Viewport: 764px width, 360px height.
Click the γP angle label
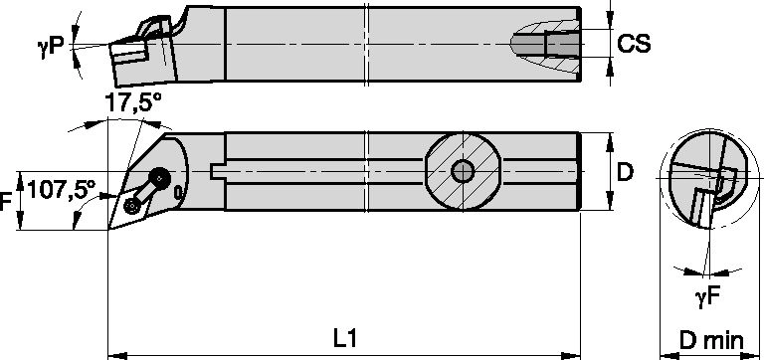(50, 47)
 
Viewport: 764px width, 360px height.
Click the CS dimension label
(634, 44)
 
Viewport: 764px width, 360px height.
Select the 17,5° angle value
(132, 103)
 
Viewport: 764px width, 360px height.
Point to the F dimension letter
(6, 202)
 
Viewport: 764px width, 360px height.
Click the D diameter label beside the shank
(625, 172)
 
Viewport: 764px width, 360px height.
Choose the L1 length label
(345, 338)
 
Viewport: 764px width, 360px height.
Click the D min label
(711, 341)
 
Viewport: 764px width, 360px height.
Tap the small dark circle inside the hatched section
(463, 171)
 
